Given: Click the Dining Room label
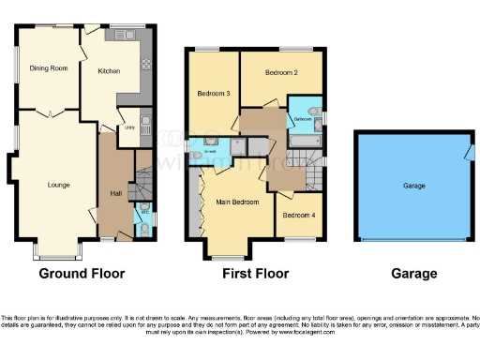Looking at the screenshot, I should [48, 68].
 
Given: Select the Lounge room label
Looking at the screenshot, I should [59, 185].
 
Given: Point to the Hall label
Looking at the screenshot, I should [116, 194].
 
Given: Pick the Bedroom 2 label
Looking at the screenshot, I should [280, 72].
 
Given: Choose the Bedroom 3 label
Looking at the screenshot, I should [213, 94].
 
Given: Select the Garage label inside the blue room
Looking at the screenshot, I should [413, 186].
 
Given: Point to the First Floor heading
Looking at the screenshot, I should [255, 274].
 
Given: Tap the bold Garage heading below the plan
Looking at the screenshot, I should [413, 274].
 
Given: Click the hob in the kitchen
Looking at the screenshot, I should [145, 64].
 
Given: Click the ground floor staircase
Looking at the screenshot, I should [142, 183].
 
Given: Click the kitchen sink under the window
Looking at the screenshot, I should [124, 35].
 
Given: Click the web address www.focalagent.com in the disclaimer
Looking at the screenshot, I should [296, 332].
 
